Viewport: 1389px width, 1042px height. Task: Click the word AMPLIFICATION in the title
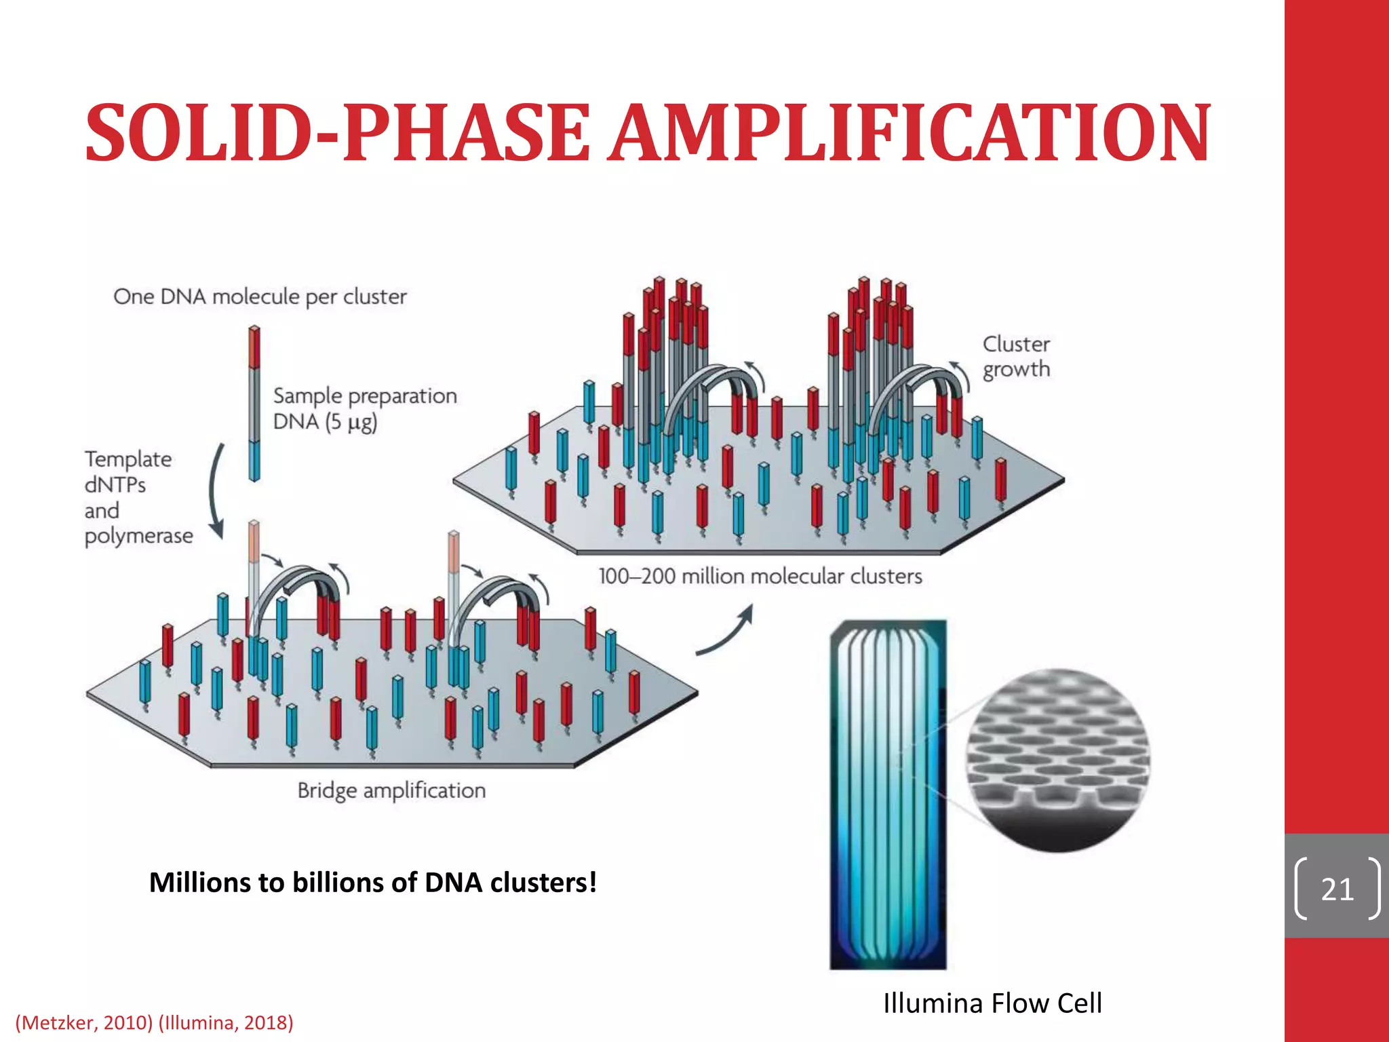(x=908, y=133)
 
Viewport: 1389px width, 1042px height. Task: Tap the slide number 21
(x=1337, y=889)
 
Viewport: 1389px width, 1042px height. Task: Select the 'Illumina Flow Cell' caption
(x=992, y=1003)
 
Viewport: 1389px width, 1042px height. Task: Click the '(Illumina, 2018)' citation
(x=226, y=1022)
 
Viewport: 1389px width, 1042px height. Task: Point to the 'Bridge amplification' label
(x=391, y=790)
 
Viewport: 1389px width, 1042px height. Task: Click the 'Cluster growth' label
(x=1016, y=357)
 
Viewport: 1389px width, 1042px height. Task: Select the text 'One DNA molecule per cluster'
(x=260, y=296)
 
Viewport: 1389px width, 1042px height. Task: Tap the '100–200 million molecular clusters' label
(x=760, y=576)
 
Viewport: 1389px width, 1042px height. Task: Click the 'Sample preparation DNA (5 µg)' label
(x=364, y=408)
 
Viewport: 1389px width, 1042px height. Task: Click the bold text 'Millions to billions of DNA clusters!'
(x=373, y=882)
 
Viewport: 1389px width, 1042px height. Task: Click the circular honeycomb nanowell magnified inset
(x=1057, y=760)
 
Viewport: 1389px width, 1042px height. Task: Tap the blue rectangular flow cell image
(x=888, y=794)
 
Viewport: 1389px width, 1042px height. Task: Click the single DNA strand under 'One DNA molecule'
(x=254, y=404)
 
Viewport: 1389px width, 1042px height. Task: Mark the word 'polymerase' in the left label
(x=138, y=536)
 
